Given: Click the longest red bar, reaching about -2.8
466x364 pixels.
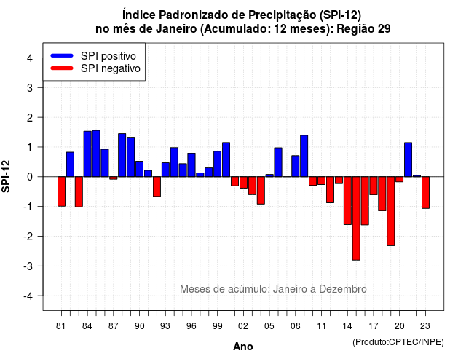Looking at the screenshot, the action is (x=356, y=218).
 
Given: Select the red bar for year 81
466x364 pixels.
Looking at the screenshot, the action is (x=61, y=191).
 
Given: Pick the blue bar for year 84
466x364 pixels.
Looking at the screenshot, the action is (x=87, y=154).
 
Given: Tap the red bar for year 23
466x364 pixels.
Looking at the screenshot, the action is (x=425, y=192).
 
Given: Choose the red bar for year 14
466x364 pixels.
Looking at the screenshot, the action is (x=347, y=201).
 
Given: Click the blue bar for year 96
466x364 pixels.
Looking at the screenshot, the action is (x=191, y=165).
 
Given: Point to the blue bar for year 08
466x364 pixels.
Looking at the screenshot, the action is (x=296, y=166).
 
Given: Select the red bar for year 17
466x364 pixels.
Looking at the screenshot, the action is (x=374, y=186).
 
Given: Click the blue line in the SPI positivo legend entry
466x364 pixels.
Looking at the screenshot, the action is (x=62, y=55).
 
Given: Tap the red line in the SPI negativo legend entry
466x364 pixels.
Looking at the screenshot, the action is (x=62, y=68).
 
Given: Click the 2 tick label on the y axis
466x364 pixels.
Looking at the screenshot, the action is (x=30, y=118).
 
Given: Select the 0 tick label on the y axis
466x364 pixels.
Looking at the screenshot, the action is (x=30, y=177).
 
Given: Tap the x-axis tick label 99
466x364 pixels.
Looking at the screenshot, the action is (x=218, y=326).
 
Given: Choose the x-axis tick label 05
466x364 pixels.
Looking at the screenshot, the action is (x=269, y=326).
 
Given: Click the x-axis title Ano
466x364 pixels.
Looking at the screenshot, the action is (x=243, y=347).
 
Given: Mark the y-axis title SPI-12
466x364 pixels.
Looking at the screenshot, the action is (x=7, y=176).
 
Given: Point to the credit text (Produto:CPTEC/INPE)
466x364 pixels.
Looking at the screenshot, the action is (x=398, y=342).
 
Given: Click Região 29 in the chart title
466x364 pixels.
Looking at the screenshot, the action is (x=363, y=29).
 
